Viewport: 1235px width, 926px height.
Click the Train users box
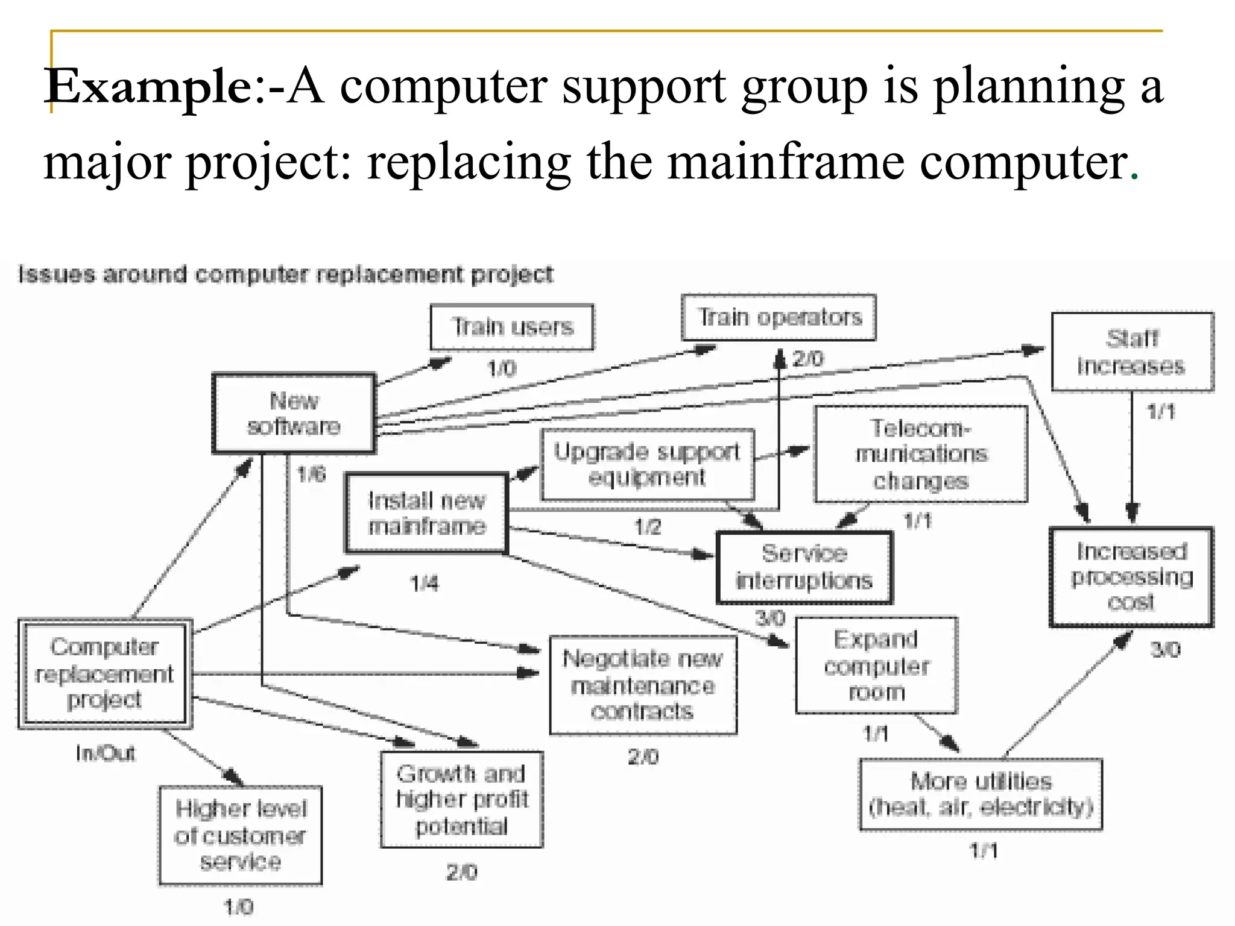(x=512, y=327)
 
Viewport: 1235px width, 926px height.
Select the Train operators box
(x=779, y=318)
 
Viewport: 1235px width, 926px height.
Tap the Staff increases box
(x=1132, y=352)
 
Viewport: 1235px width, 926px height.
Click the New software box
(x=294, y=414)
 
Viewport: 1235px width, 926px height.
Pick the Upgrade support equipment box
(x=647, y=464)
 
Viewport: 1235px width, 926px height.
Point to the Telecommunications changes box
(x=920, y=454)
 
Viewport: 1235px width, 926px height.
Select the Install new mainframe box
(x=426, y=513)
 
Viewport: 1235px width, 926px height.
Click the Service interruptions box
(x=804, y=567)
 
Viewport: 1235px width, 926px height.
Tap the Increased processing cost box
(x=1131, y=577)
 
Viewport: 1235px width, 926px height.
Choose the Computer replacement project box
(x=105, y=673)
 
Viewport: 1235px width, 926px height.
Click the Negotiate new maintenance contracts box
(x=643, y=685)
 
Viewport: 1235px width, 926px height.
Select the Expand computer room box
(x=876, y=665)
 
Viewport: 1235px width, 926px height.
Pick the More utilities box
(x=981, y=794)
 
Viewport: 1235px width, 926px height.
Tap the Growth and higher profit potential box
(x=462, y=799)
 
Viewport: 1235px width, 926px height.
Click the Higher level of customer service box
(x=240, y=835)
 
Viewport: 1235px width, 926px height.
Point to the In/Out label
(x=106, y=753)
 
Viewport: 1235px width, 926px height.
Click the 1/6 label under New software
(x=311, y=474)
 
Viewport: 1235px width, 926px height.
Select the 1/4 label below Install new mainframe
(x=425, y=583)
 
